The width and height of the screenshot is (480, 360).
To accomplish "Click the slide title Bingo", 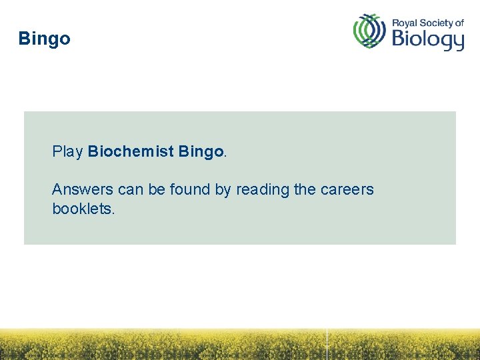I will [x=44, y=39].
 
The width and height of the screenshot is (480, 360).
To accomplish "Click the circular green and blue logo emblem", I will [x=369, y=31].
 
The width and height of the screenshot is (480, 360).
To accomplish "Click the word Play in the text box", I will [x=67, y=152].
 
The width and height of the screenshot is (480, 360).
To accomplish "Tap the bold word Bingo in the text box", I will [x=201, y=152].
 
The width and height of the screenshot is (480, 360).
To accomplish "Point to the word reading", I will [x=263, y=190].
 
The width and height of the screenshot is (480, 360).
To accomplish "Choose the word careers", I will [x=347, y=189].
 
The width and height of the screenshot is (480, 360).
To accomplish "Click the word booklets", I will [x=83, y=209].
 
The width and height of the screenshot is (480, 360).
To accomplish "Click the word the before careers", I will [x=305, y=189].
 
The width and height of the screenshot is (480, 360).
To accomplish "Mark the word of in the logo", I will [x=459, y=23].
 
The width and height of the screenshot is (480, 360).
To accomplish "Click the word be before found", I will [x=157, y=189].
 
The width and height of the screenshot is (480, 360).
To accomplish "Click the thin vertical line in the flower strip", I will [x=327, y=343].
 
